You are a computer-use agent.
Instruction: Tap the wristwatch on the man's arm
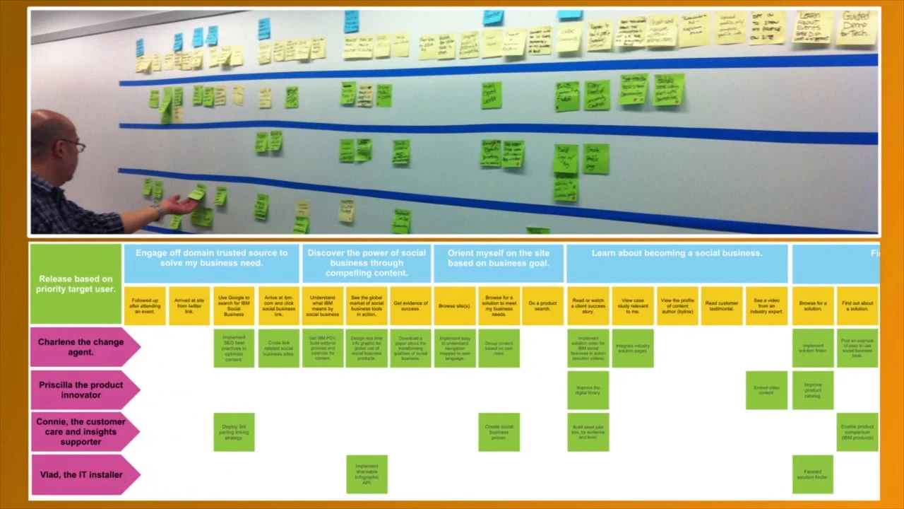160,210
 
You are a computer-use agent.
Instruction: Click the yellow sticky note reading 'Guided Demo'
855,29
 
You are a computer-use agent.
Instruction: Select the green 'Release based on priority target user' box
76,283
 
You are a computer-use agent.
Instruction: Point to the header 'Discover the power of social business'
367,263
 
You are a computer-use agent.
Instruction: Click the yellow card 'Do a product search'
542,306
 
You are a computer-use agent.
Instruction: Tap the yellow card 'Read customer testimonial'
722,306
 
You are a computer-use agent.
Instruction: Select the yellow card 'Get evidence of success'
410,306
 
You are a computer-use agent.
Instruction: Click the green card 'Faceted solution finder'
812,474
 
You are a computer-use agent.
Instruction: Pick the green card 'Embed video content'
766,390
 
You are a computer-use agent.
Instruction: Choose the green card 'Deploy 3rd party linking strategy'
234,432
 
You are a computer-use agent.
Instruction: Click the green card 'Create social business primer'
499,432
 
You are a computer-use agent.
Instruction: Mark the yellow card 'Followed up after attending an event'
145,306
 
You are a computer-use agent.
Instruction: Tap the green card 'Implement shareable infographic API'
367,474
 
